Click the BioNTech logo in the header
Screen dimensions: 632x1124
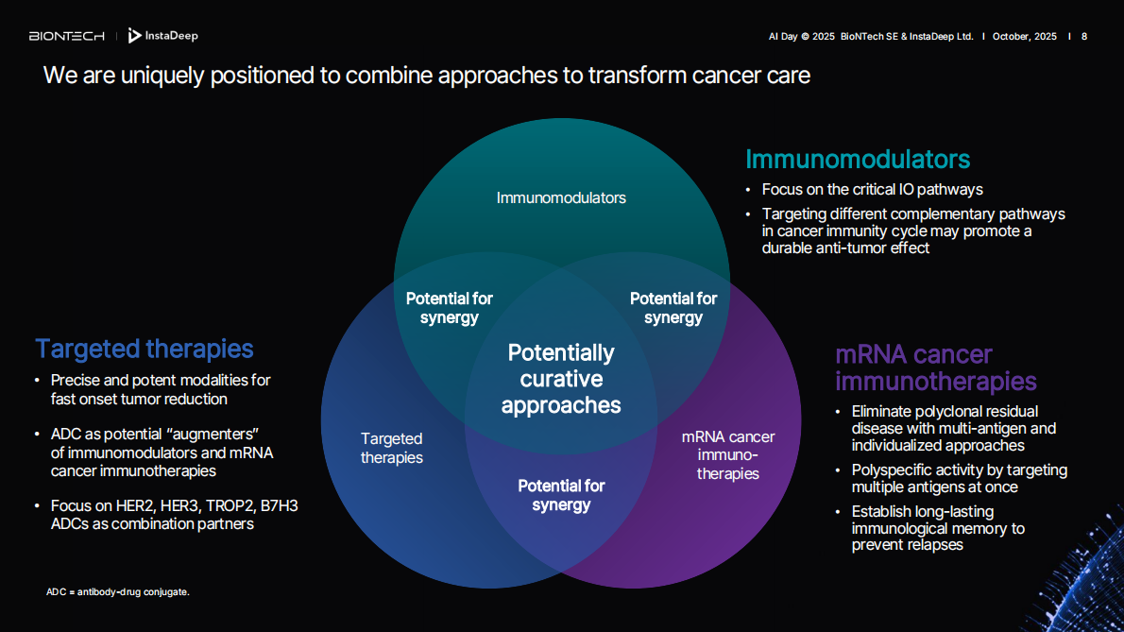tap(66, 36)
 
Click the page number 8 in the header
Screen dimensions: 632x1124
tap(1084, 36)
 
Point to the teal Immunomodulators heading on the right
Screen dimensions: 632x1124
tap(858, 159)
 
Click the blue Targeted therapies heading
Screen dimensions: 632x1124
tap(145, 349)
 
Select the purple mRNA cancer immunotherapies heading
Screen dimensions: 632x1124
tap(935, 368)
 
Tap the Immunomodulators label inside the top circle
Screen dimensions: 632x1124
tap(561, 197)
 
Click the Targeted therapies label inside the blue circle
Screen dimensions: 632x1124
tap(391, 448)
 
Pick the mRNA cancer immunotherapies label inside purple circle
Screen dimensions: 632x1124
tap(727, 454)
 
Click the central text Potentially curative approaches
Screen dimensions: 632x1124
tap(561, 379)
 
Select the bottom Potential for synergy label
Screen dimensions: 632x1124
tap(561, 495)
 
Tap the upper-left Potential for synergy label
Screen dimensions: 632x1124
tap(450, 308)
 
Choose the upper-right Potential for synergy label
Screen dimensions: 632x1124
tap(673, 308)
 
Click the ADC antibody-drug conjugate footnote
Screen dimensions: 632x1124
tap(118, 591)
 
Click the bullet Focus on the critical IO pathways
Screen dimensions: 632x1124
tap(872, 189)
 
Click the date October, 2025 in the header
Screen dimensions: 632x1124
tap(1024, 36)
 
